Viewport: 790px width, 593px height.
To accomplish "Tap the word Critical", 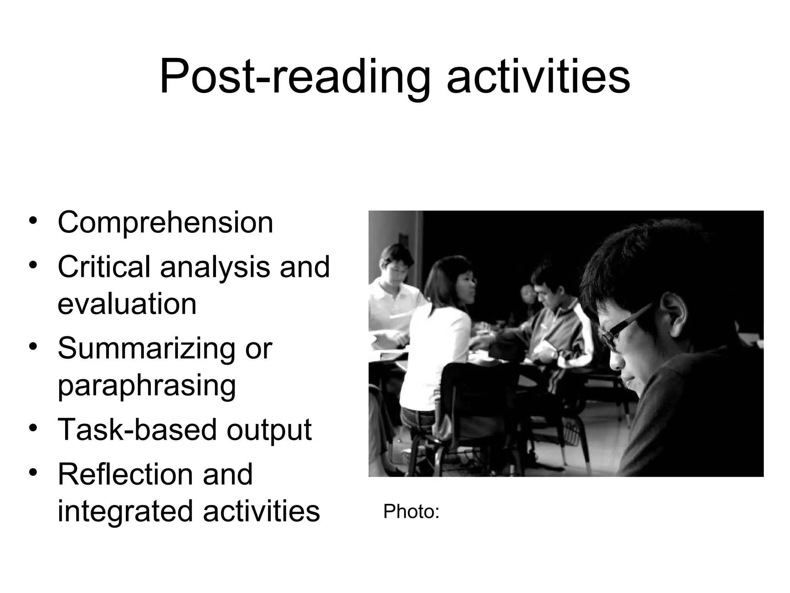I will [104, 267].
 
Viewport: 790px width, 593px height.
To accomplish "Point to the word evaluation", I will [127, 304].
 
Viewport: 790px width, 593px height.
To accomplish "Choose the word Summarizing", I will [146, 348].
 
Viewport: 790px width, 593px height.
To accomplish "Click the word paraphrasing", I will [147, 386].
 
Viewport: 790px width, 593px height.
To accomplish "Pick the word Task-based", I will [137, 429].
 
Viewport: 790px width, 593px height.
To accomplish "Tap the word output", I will [269, 430].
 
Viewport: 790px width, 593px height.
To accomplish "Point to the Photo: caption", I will [411, 512].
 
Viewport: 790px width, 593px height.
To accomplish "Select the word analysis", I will [215, 268].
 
